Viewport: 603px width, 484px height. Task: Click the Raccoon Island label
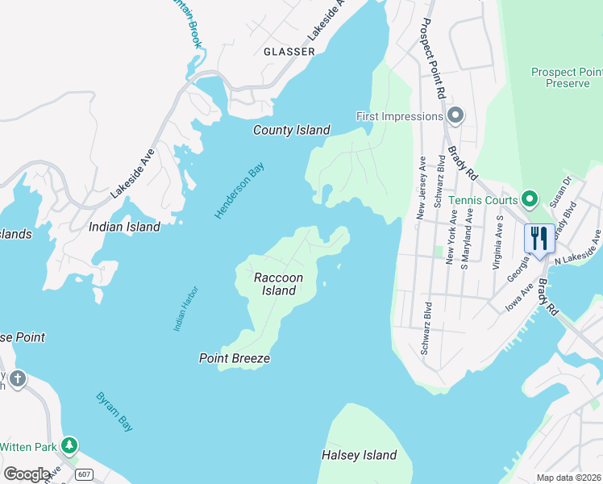(x=279, y=284)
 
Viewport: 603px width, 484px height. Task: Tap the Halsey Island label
(x=360, y=455)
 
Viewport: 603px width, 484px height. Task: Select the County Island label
(x=292, y=130)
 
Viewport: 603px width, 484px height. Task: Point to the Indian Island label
(x=124, y=227)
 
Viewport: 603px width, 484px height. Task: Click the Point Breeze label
(x=235, y=358)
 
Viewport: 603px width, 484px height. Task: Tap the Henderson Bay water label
(x=239, y=190)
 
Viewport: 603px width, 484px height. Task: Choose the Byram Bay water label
(x=114, y=411)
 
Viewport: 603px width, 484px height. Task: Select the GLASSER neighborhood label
(x=289, y=52)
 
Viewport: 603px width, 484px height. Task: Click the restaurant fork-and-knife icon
(x=539, y=237)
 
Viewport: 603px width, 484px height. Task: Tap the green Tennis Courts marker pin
(x=530, y=198)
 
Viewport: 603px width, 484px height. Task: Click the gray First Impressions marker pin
(x=455, y=116)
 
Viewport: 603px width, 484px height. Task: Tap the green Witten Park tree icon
(x=69, y=444)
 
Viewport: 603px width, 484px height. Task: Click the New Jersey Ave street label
(x=421, y=189)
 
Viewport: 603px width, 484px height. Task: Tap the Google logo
(x=26, y=474)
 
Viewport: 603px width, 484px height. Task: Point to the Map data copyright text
(x=569, y=478)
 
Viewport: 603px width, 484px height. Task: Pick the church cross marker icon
(x=17, y=378)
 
